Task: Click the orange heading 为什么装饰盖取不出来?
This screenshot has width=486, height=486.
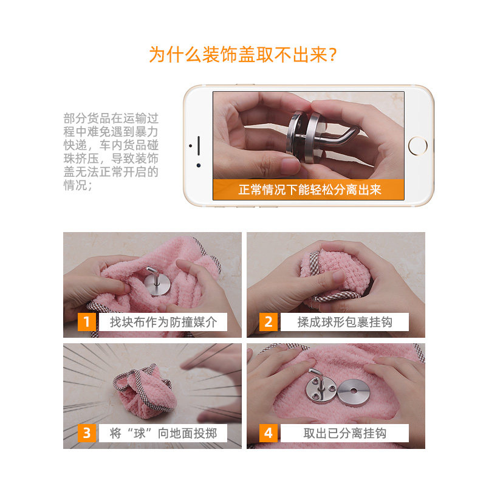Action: click(x=242, y=55)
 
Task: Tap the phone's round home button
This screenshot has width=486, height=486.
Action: click(x=417, y=146)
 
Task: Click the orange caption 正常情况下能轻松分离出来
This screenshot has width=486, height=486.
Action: click(x=310, y=190)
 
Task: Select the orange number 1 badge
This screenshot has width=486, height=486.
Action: click(x=86, y=322)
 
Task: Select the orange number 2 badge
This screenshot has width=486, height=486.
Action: click(x=268, y=322)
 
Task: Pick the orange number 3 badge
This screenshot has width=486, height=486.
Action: click(x=86, y=433)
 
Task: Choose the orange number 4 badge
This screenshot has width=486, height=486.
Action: click(x=268, y=433)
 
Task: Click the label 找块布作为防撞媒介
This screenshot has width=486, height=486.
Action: click(x=163, y=322)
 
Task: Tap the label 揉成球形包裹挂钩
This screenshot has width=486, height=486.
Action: click(x=344, y=322)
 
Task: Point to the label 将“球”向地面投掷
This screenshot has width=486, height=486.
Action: click(x=163, y=433)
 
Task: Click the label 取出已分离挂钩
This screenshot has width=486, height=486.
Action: click(x=344, y=433)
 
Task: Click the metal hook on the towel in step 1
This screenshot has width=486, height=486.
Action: click(x=157, y=281)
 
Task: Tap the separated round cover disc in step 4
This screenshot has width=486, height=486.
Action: click(x=353, y=392)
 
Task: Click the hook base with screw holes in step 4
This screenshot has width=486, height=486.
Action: click(x=321, y=387)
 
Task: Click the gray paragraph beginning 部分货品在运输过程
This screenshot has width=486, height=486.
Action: click(x=111, y=151)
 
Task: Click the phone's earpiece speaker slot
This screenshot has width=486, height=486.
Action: click(x=199, y=146)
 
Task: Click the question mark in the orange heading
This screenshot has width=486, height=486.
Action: click(x=332, y=55)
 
